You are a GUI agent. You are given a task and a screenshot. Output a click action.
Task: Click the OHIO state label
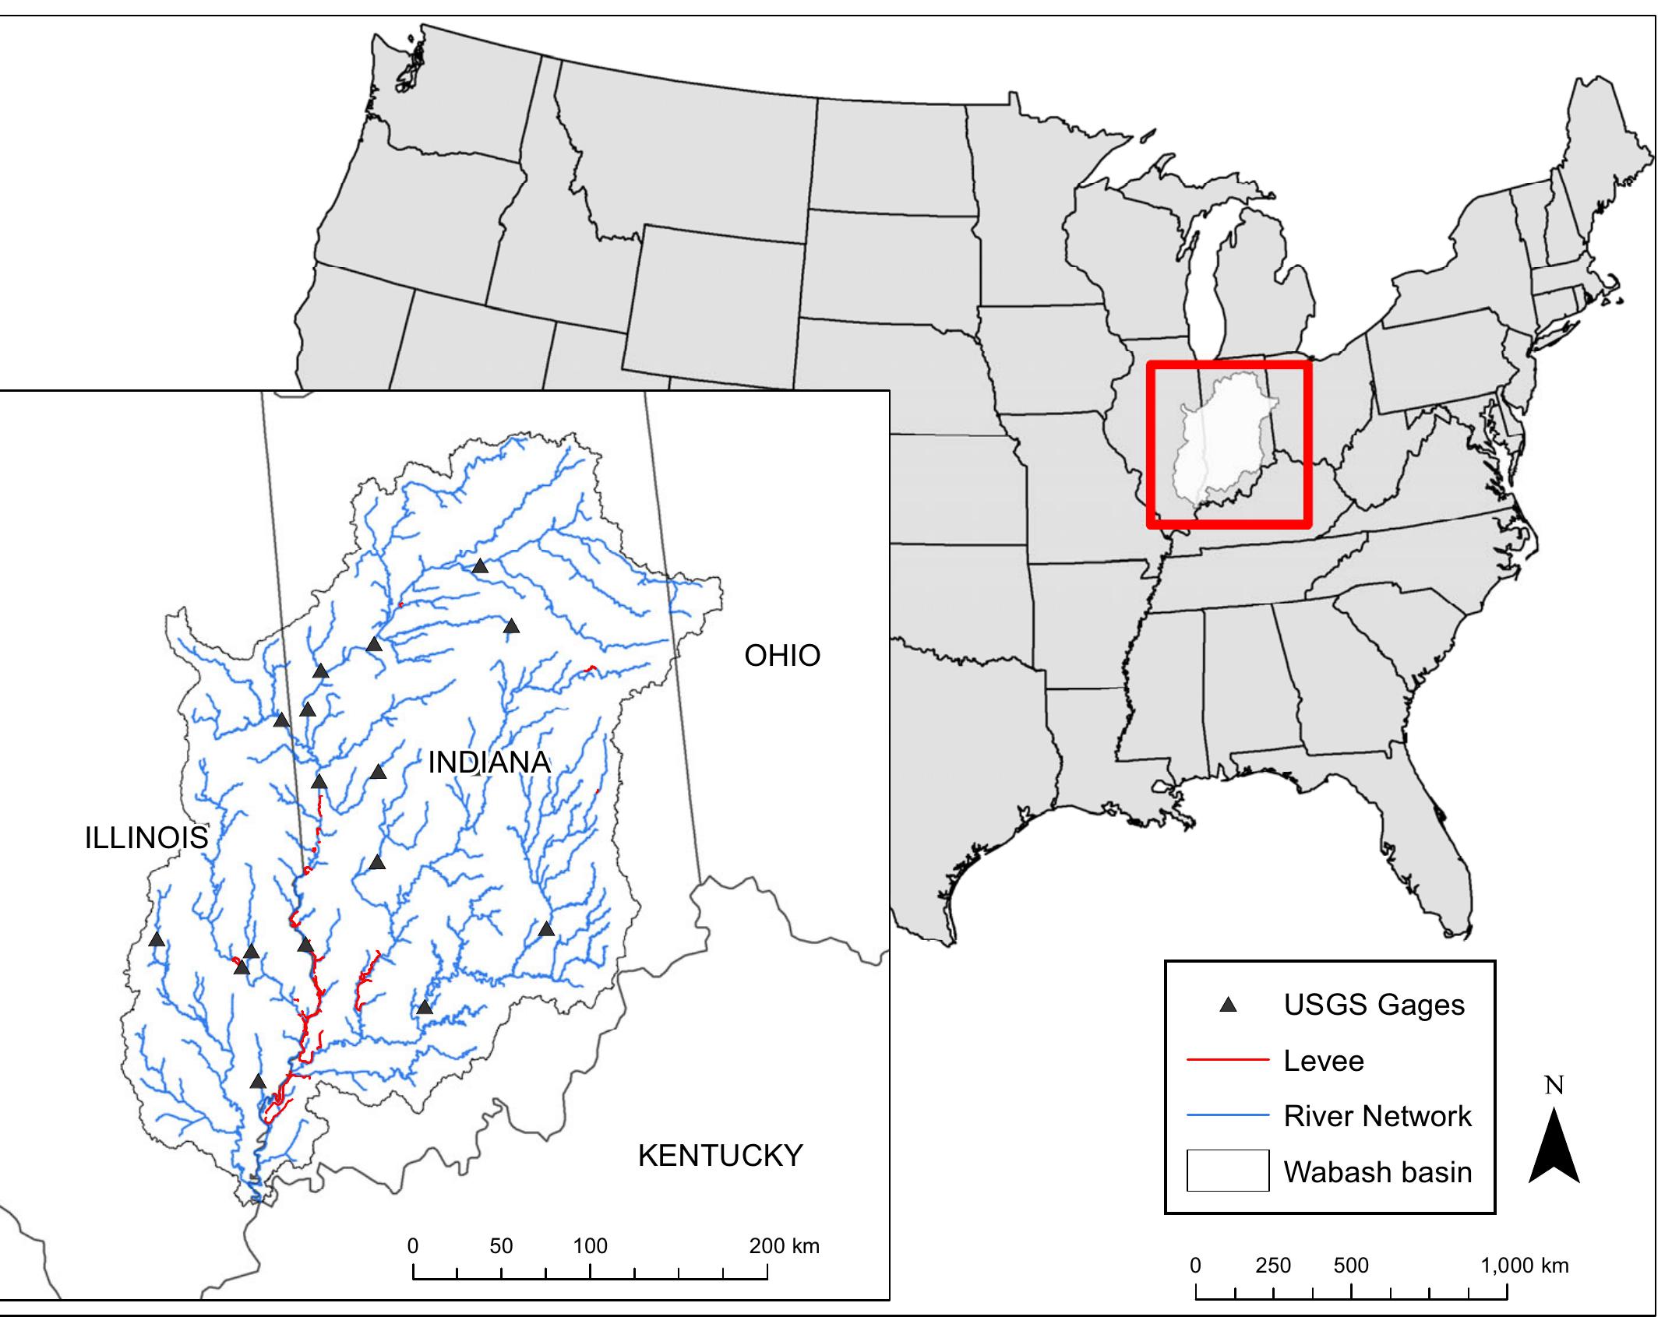[782, 656]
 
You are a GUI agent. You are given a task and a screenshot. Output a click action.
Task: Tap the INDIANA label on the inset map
[489, 762]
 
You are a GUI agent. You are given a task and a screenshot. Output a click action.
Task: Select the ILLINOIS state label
[146, 838]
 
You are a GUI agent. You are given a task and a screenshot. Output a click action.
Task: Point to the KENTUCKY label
[720, 1156]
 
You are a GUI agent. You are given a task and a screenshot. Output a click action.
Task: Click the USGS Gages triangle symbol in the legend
[1229, 1005]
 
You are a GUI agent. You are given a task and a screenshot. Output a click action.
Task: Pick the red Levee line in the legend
[1228, 1060]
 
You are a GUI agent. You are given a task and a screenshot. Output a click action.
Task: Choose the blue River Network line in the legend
[1228, 1116]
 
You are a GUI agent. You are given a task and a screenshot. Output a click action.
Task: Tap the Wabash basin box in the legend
[1228, 1171]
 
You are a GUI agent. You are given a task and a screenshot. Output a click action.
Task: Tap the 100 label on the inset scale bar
[590, 1246]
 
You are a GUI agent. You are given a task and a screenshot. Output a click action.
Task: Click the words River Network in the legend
[1377, 1116]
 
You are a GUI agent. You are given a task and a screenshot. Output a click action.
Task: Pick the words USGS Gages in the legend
[1374, 1005]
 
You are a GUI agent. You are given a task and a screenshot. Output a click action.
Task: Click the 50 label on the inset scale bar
[501, 1246]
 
